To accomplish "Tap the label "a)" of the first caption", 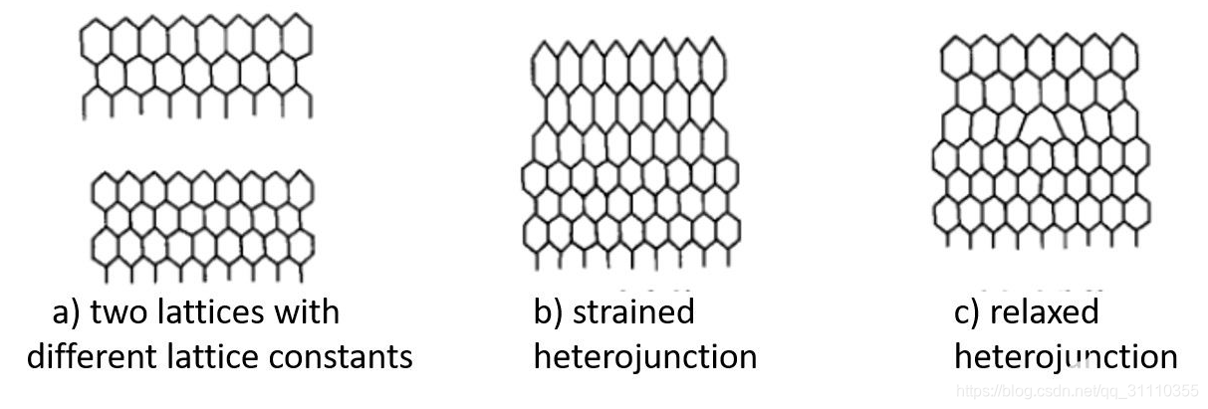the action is (x=67, y=312).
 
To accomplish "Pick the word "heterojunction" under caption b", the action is (x=645, y=355).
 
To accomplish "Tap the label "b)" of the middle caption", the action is (x=548, y=312).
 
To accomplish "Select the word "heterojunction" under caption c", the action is (x=1066, y=355).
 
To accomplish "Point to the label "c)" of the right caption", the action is (x=967, y=312).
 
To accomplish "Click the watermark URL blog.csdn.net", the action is (x=1076, y=391).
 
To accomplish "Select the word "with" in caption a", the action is (x=307, y=312).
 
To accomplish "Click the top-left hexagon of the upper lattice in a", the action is (x=96, y=40).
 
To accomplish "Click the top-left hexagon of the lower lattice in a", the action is (x=106, y=189).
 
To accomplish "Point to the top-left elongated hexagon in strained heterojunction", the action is (x=545, y=66).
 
